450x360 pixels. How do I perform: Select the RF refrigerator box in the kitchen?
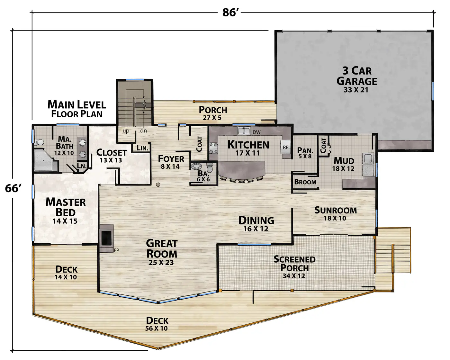click(x=286, y=147)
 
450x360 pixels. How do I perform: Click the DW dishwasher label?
click(x=256, y=132)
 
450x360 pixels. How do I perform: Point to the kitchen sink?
click(x=244, y=131)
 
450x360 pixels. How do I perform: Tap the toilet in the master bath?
click(x=39, y=142)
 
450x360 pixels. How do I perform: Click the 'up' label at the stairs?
click(x=126, y=131)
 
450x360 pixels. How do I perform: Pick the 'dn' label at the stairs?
click(x=143, y=131)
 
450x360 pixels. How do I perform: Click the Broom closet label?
click(x=305, y=182)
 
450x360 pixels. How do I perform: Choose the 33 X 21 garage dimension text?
click(x=356, y=90)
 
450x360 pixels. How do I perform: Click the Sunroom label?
click(x=336, y=211)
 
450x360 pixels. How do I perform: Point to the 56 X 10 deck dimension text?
click(x=157, y=328)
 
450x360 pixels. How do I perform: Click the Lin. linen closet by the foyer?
click(x=142, y=148)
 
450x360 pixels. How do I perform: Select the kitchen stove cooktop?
click(x=213, y=148)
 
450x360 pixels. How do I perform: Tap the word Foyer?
click(x=171, y=159)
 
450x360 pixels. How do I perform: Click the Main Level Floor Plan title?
click(x=77, y=109)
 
